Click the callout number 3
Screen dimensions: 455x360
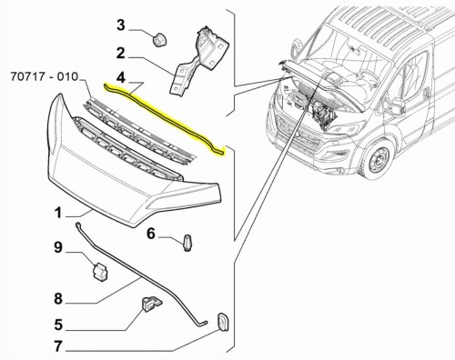(121, 25)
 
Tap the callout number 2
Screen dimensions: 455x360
(121, 54)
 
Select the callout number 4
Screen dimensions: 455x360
(121, 77)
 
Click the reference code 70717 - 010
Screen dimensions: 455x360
(45, 76)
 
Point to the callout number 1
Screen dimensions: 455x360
(58, 213)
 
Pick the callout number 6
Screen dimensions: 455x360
(151, 234)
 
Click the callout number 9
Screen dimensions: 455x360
(58, 247)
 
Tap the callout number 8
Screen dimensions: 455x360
(58, 298)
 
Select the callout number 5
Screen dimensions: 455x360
(58, 325)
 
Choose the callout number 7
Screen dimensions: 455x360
(58, 346)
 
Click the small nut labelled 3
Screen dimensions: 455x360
(157, 41)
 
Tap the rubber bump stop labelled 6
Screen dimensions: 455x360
(188, 243)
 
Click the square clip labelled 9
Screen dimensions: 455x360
(100, 271)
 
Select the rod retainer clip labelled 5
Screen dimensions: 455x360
(151, 305)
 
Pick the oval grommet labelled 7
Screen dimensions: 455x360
(223, 322)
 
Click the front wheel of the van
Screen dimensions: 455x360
(378, 159)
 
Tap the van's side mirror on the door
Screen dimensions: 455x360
(397, 106)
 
